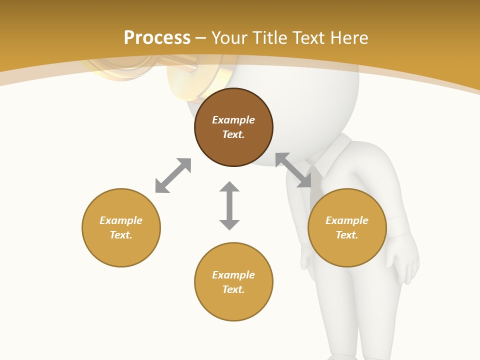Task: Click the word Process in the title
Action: tap(157, 38)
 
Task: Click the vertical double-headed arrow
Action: tap(229, 205)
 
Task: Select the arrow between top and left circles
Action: tap(173, 175)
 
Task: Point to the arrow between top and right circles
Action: tap(293, 170)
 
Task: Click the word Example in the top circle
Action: tap(233, 120)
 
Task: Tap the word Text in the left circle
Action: tap(121, 235)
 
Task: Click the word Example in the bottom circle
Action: tap(233, 275)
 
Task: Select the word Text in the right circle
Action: tap(347, 235)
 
